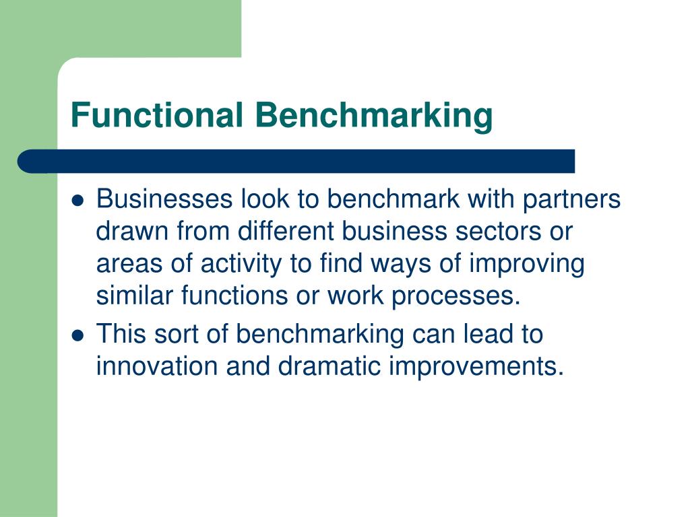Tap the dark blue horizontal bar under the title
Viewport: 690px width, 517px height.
tap(296, 162)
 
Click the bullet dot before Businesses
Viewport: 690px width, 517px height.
tap(77, 201)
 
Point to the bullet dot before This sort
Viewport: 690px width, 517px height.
tap(77, 335)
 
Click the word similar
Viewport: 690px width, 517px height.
tap(134, 297)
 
